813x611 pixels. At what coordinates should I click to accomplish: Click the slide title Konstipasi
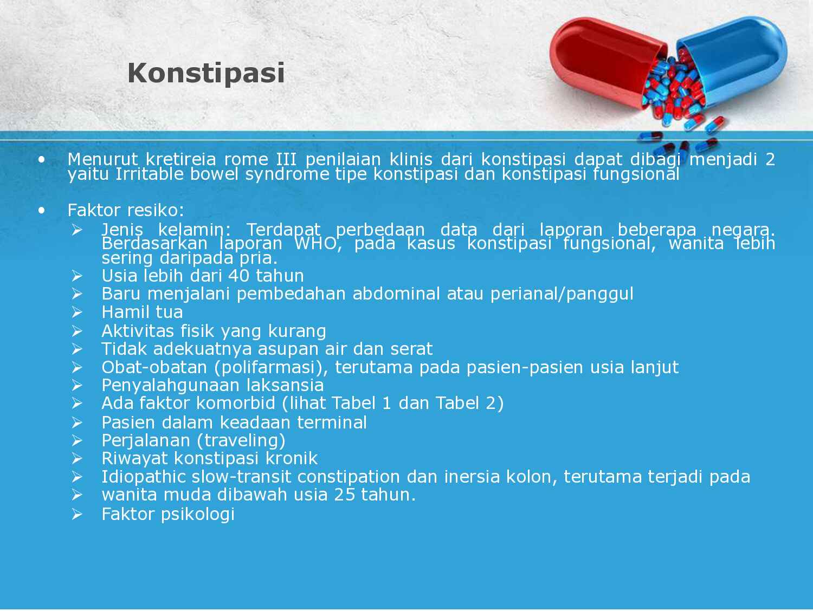206,73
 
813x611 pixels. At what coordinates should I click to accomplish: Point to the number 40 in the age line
238,276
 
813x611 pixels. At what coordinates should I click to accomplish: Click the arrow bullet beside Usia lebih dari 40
77,276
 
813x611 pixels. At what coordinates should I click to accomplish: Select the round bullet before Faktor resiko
42,210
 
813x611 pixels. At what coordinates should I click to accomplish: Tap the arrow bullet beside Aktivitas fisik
77,331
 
